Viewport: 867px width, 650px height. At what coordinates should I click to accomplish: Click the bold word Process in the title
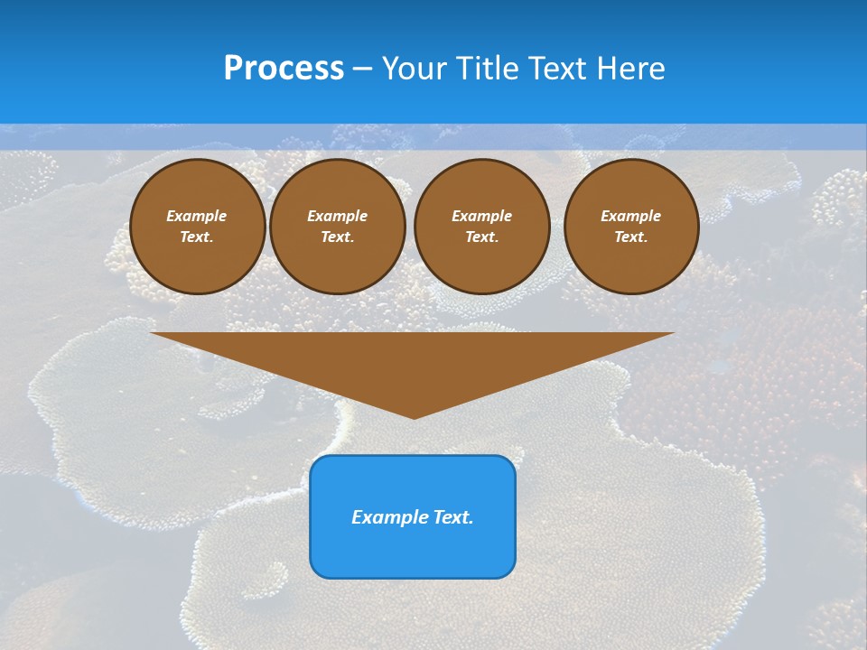[284, 69]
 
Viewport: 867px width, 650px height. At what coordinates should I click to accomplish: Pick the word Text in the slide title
[558, 69]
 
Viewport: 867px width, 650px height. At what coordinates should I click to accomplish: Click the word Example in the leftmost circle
[197, 216]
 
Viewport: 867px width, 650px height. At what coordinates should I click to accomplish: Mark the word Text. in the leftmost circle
[197, 237]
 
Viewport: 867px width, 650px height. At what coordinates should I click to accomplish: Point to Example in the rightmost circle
[631, 216]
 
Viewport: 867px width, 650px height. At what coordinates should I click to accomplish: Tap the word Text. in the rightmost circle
[631, 237]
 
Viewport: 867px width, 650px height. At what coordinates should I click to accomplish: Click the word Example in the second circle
[337, 216]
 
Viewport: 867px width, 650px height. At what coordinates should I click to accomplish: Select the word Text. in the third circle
[481, 237]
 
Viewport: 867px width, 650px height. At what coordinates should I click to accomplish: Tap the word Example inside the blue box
[388, 517]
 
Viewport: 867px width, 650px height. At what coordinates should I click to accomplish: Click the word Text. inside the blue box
[452, 517]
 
